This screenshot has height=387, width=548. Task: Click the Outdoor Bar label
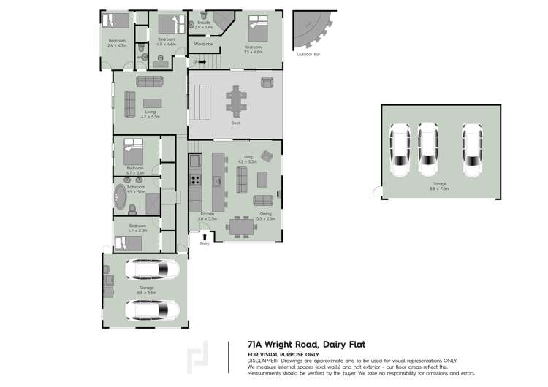[x=307, y=54]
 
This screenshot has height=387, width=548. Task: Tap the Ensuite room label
[x=204, y=23]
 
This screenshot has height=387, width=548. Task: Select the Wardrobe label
[x=203, y=44]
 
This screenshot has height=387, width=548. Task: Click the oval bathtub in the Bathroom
[x=120, y=196]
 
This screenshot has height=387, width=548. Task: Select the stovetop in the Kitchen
[x=195, y=179]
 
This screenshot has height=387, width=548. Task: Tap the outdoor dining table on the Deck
[x=236, y=100]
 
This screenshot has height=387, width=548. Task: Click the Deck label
[x=235, y=123]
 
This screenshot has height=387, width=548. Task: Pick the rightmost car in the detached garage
[x=473, y=150]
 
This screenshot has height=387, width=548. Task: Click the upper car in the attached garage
[x=152, y=270]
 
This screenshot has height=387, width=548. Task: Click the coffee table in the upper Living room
[x=152, y=102]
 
